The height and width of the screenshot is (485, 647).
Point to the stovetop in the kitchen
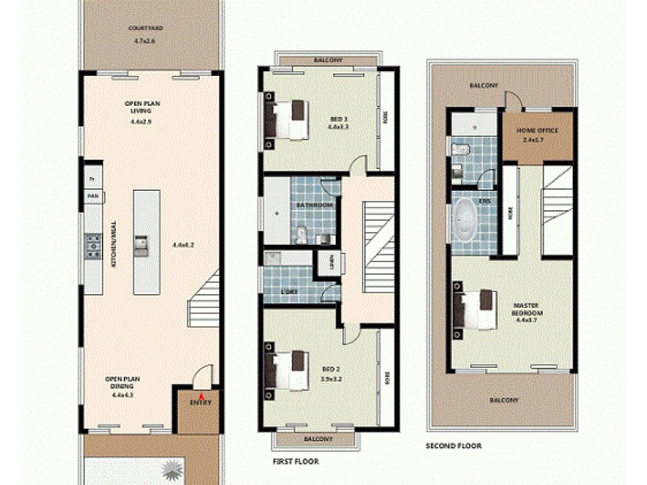(93, 243)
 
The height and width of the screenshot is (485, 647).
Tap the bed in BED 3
(286, 120)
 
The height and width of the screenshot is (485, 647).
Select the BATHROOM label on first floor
(314, 205)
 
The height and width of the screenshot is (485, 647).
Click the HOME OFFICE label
(538, 130)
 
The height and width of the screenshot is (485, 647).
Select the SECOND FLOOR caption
(454, 445)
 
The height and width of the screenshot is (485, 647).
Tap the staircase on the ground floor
(205, 299)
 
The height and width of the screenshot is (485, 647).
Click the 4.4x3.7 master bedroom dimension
(526, 319)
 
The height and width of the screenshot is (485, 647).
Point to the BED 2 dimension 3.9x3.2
(331, 377)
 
